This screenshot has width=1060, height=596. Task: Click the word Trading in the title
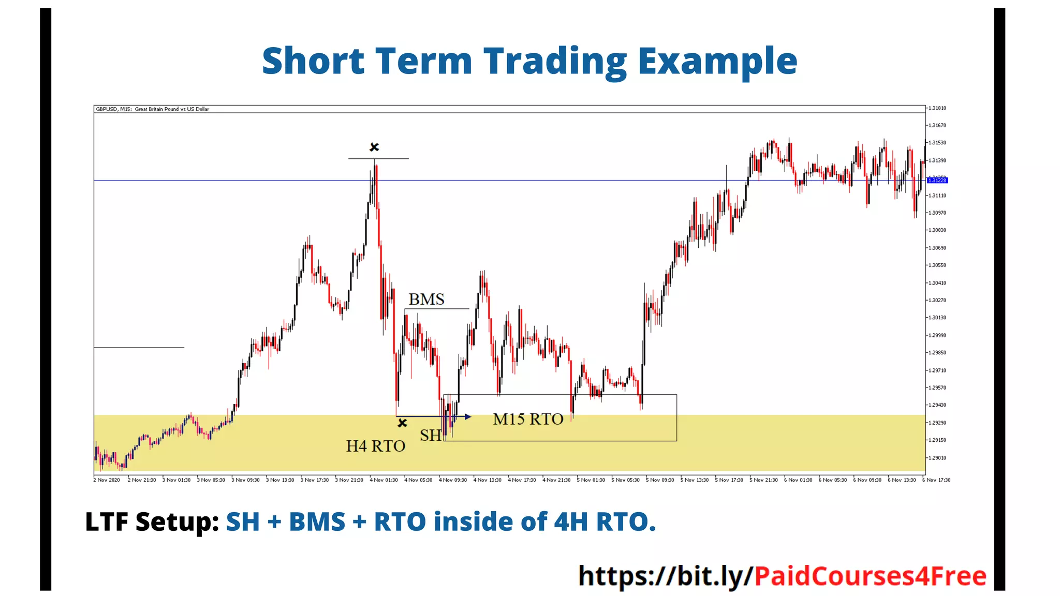click(x=554, y=61)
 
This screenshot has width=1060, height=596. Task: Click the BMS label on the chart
click(x=426, y=300)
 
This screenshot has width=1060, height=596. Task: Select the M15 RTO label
click(x=528, y=419)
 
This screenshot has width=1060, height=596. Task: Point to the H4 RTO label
click(x=375, y=446)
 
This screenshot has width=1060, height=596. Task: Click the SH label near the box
click(x=430, y=436)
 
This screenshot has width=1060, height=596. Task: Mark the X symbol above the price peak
click(x=374, y=147)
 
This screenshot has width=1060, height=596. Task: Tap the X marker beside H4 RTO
click(x=402, y=423)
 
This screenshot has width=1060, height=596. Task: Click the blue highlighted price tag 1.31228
click(x=937, y=180)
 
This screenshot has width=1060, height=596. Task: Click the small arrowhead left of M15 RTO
click(x=468, y=416)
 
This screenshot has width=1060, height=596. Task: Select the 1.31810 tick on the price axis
click(x=937, y=108)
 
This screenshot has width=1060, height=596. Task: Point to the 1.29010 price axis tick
click(x=937, y=458)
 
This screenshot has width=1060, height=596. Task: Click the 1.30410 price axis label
click(x=937, y=283)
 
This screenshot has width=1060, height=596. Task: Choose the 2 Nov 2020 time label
click(x=107, y=480)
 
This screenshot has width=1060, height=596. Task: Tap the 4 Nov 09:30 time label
click(x=453, y=480)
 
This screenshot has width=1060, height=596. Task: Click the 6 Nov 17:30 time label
click(x=937, y=480)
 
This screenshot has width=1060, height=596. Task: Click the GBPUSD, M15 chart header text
click(x=153, y=109)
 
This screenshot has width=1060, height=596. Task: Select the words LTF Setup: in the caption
click(x=152, y=521)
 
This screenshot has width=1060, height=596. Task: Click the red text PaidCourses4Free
click(x=870, y=576)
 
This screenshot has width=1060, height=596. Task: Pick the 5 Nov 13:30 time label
click(x=695, y=480)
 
